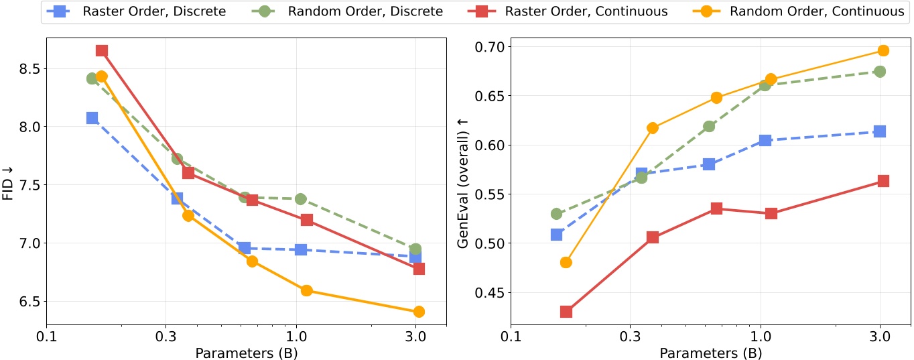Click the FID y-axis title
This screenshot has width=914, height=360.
pos(9,184)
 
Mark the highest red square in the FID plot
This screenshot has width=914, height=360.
pos(102,51)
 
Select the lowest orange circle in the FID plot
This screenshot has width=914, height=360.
pos(419,312)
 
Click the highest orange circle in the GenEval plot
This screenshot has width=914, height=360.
pos(883,51)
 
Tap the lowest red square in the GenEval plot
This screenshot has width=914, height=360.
pos(566,312)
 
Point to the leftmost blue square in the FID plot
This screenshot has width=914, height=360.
pos(92,118)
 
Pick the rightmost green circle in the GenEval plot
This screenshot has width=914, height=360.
pos(880,72)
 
